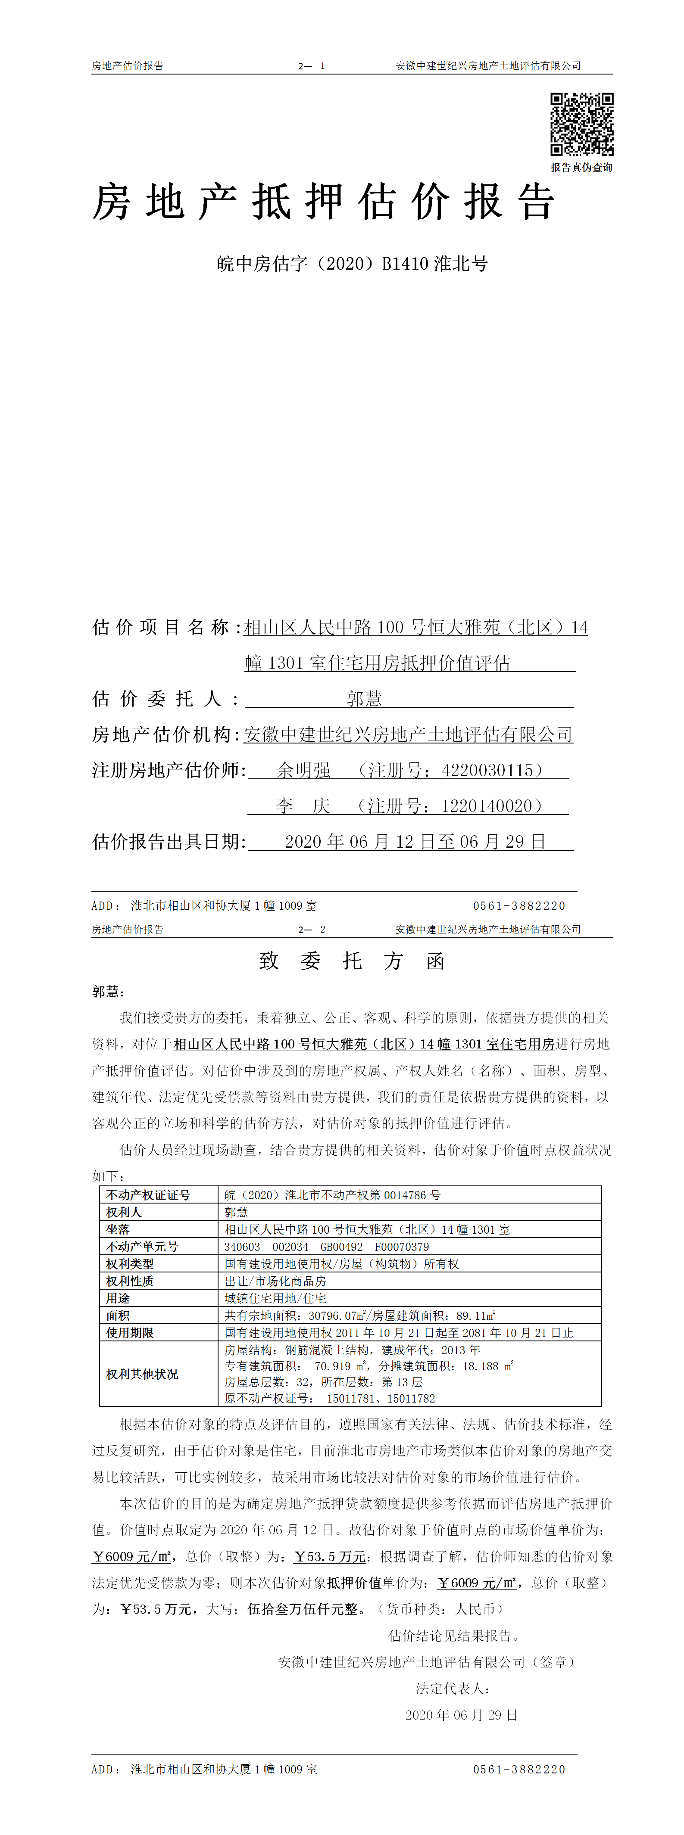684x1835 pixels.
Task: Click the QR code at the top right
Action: coord(581,124)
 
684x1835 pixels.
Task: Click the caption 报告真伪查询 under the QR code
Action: coord(581,168)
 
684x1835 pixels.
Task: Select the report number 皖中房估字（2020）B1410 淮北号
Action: coord(352,264)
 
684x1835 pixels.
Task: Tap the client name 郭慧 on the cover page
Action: coord(364,699)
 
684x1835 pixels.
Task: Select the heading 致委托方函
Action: coord(352,961)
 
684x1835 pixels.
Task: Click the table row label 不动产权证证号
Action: coord(148,1194)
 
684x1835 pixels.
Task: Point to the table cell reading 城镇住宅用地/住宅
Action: coord(275,1298)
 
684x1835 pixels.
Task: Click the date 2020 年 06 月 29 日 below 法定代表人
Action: coord(461,1715)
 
